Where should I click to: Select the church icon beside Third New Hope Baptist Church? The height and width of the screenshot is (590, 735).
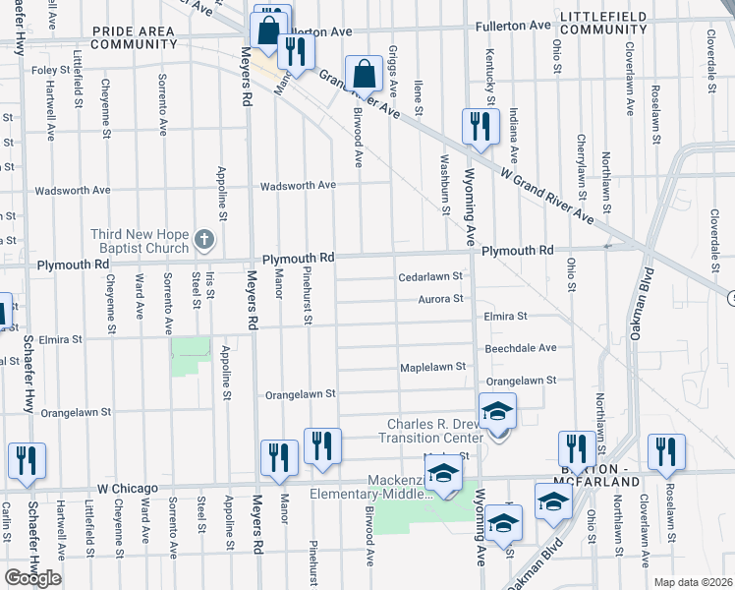click(x=203, y=238)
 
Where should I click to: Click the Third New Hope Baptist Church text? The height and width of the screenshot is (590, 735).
click(x=141, y=240)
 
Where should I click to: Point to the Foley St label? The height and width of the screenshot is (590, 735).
click(x=50, y=71)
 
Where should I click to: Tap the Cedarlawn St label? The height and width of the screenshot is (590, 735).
click(x=429, y=277)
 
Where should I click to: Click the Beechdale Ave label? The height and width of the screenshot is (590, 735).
click(x=521, y=348)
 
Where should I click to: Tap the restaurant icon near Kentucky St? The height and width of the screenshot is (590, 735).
click(x=479, y=125)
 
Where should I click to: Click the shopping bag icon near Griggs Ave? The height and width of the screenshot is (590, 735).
click(x=364, y=72)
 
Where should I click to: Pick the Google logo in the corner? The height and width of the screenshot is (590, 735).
click(x=32, y=577)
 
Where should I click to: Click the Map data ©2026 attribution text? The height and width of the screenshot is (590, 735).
click(x=693, y=582)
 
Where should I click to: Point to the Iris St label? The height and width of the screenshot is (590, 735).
click(x=210, y=286)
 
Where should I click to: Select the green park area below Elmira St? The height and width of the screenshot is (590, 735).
click(x=190, y=356)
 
